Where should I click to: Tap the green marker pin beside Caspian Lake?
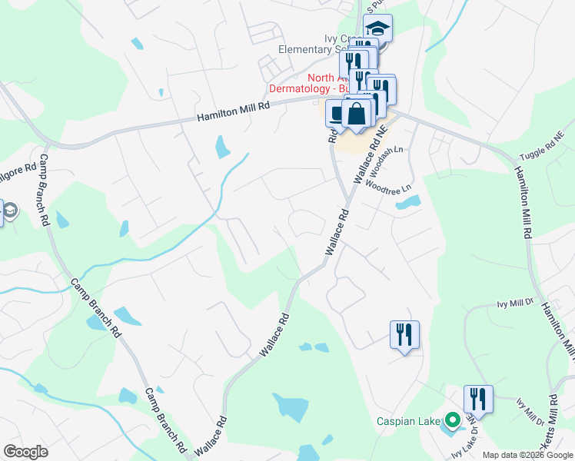(x=453, y=420)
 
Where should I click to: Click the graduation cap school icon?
(x=377, y=28)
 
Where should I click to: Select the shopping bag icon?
(x=357, y=114)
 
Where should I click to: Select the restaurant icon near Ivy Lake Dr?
(x=478, y=399)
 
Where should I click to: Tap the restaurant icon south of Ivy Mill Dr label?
(x=404, y=334)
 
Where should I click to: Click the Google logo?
(x=25, y=451)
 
